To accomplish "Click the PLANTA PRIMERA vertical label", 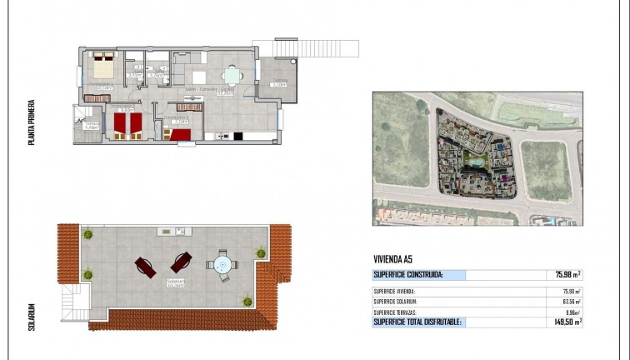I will click(x=31, y=122).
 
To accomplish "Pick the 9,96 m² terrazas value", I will click(x=571, y=311).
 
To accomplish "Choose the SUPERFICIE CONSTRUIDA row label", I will click(x=408, y=274).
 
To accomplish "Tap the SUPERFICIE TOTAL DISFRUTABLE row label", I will click(x=417, y=322).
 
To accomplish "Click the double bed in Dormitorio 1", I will click(x=103, y=67).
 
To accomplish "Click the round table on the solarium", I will click(x=222, y=266).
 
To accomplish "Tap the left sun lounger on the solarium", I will click(x=144, y=267).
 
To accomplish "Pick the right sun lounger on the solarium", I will click(x=182, y=262).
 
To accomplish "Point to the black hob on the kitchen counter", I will click(x=237, y=136).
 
